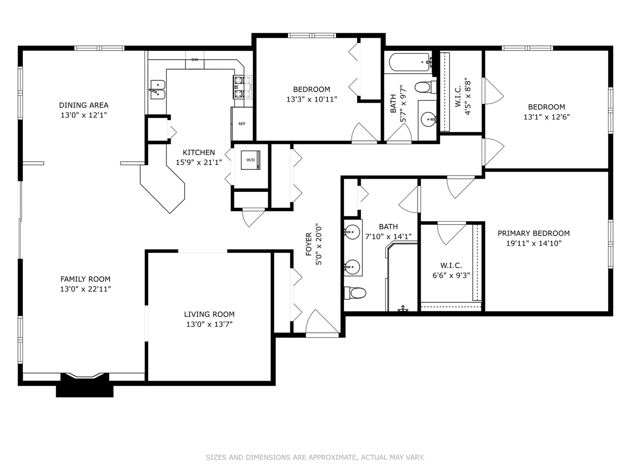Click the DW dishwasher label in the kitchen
click(x=195, y=60)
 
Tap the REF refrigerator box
click(x=242, y=124)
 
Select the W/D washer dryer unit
click(x=251, y=160)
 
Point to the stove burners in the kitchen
click(x=239, y=87)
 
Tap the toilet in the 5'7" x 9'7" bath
click(x=424, y=87)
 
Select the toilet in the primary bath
click(x=355, y=293)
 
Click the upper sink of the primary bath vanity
click(x=352, y=232)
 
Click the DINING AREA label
click(x=84, y=105)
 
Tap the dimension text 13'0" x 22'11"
click(x=85, y=289)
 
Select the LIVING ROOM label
click(x=209, y=314)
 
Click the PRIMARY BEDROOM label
click(x=533, y=233)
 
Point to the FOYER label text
click(x=309, y=244)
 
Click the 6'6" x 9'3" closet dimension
click(x=451, y=276)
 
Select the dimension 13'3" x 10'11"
click(x=312, y=100)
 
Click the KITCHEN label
click(x=199, y=153)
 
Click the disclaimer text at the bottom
click(x=315, y=457)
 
